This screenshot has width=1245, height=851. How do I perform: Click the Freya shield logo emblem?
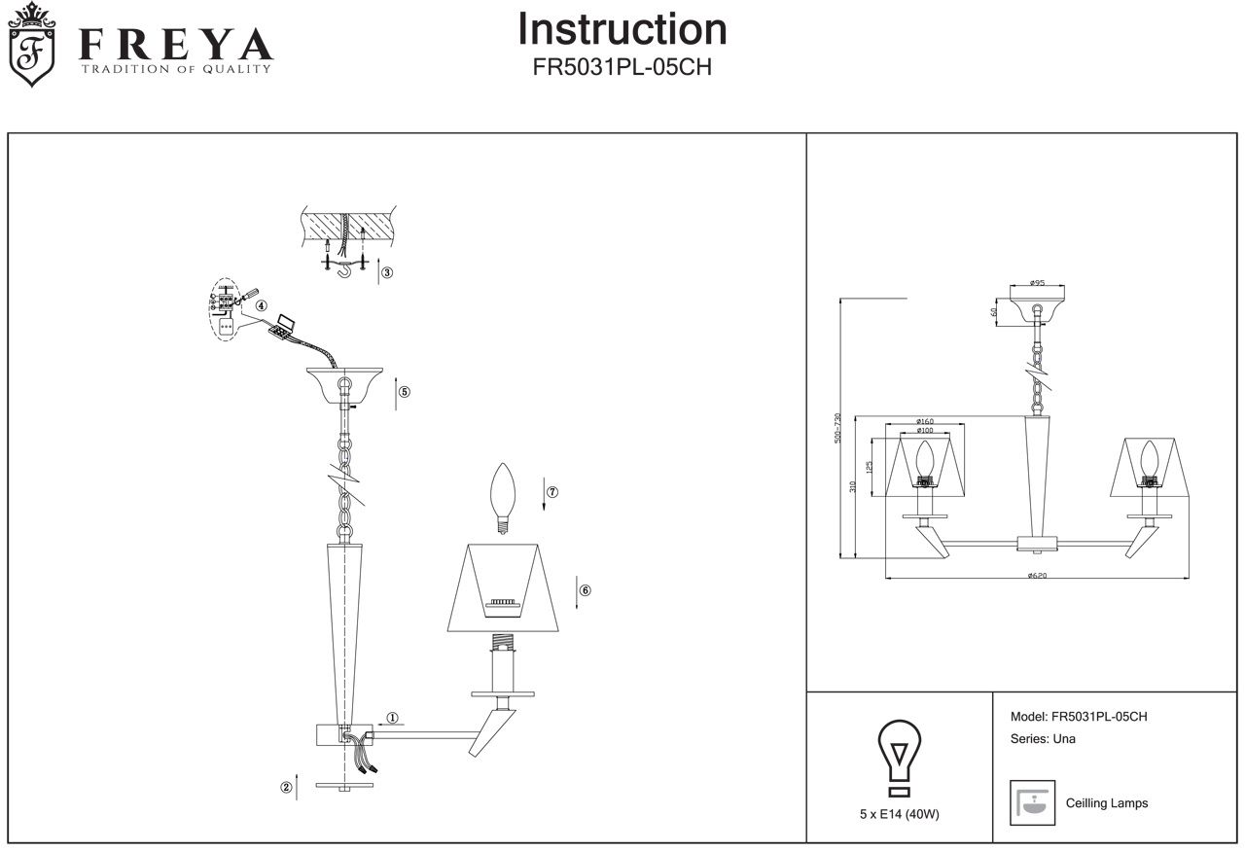tap(31, 45)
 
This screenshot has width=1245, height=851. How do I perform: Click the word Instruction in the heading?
tap(622, 29)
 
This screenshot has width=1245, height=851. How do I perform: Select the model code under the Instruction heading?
tap(622, 69)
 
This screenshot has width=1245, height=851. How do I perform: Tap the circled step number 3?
tap(386, 272)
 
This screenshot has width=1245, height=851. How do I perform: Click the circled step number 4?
tap(262, 305)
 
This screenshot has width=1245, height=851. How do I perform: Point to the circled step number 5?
tap(404, 393)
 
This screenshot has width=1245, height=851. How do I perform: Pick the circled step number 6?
tap(585, 590)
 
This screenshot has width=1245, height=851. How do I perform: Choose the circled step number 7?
tap(551, 492)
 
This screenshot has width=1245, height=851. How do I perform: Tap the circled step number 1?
tap(392, 719)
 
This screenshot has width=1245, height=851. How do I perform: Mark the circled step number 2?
tap(286, 788)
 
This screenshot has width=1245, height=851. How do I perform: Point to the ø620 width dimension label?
tap(1037, 576)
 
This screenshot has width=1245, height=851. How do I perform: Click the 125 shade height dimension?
tap(869, 466)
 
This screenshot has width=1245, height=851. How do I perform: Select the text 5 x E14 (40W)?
tap(899, 815)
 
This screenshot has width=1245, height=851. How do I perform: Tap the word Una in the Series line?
tap(1064, 739)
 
